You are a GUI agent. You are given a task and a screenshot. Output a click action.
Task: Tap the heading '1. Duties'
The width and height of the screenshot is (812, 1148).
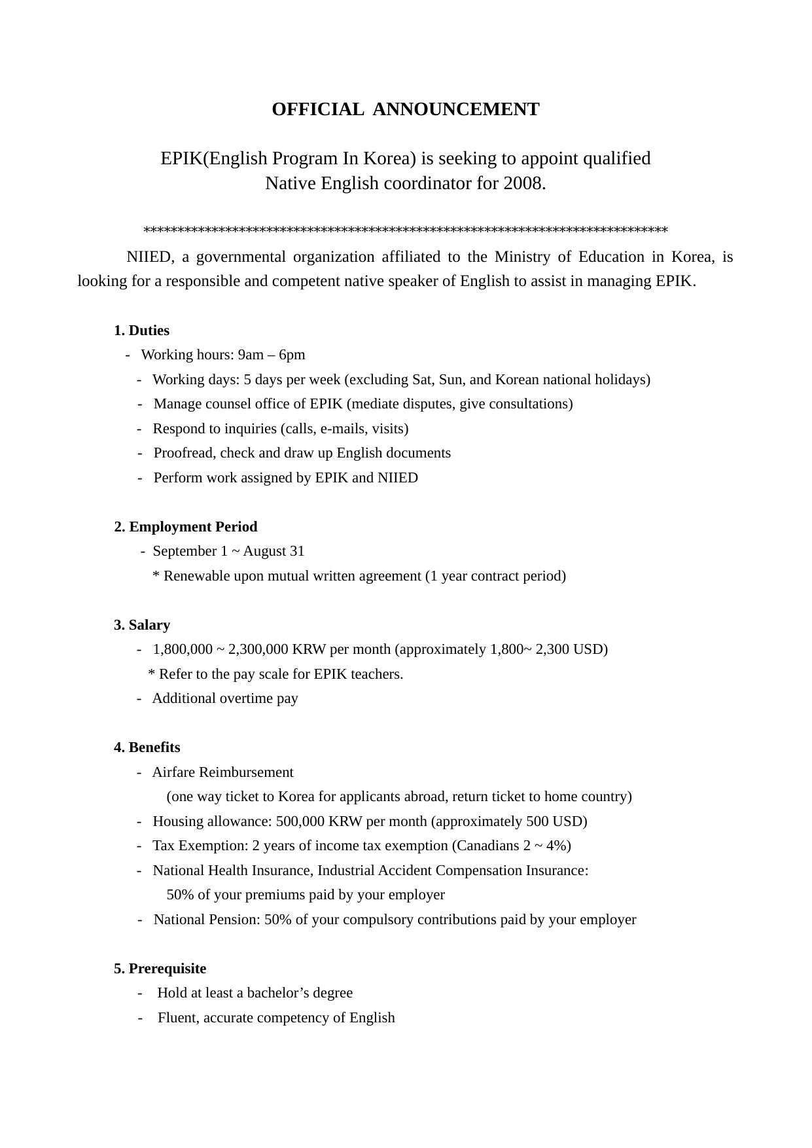(x=141, y=331)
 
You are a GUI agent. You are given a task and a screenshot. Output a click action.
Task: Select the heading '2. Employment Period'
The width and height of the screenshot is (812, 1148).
(x=186, y=527)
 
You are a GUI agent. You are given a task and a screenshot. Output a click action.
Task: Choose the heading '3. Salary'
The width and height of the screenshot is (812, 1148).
(x=142, y=625)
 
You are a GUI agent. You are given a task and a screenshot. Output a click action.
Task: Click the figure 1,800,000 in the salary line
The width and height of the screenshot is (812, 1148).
(x=183, y=649)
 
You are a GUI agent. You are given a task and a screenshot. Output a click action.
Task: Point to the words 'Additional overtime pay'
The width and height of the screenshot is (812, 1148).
(x=225, y=698)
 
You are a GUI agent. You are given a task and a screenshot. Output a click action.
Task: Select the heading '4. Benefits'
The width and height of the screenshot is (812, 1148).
(x=147, y=747)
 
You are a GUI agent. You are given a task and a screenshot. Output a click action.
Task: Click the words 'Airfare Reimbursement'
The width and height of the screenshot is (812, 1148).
(x=223, y=772)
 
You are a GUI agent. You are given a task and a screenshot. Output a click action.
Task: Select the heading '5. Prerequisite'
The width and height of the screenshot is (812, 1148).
(x=160, y=969)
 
